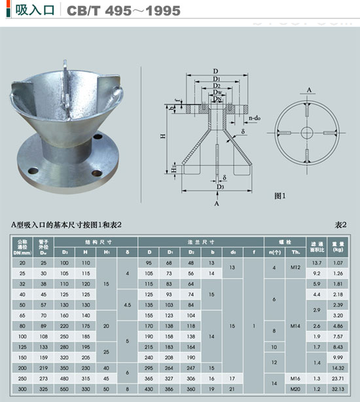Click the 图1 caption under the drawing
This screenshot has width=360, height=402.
pos(281,195)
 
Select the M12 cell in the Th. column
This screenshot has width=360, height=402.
pos(295,268)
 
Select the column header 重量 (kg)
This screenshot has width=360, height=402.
pos(338,246)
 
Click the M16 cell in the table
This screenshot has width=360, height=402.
pos(295,378)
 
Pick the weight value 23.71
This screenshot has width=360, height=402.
pos(338,378)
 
